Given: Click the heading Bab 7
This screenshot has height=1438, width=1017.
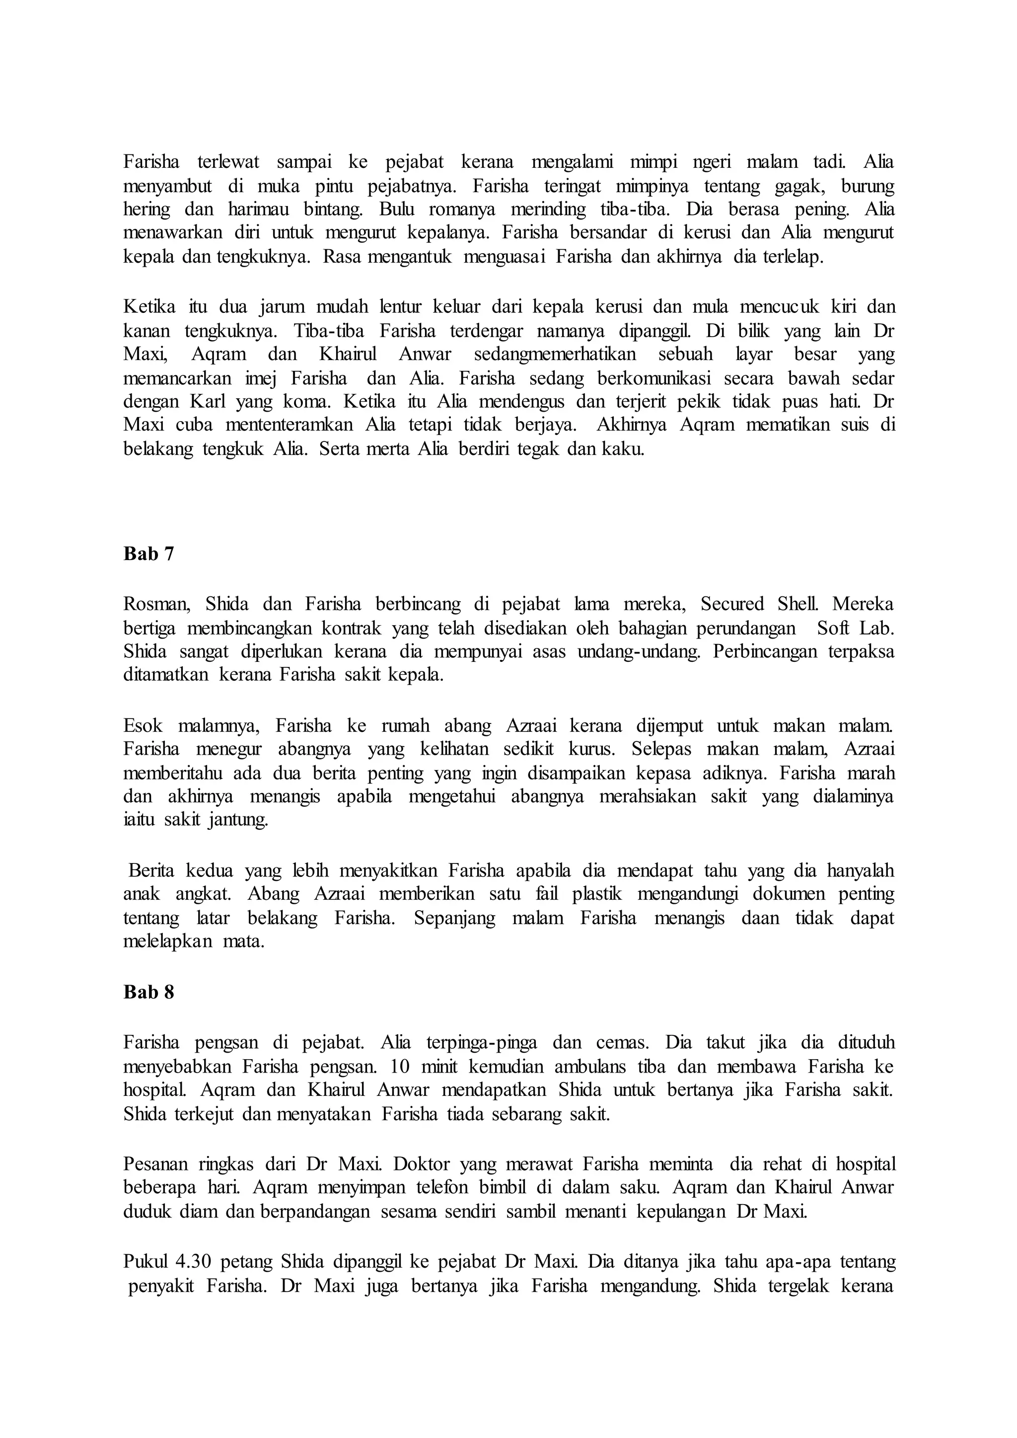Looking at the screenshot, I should (148, 554).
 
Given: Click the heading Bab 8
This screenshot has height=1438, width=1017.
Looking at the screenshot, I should (148, 992).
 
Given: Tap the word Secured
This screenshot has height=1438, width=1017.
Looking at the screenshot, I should (732, 604).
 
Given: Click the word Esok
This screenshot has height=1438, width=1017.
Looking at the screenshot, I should (143, 726).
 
